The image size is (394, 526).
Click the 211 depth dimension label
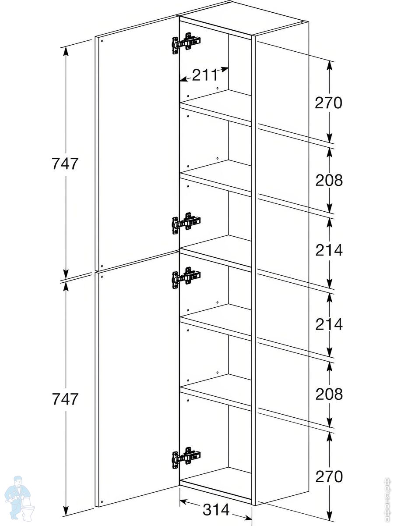click(x=205, y=76)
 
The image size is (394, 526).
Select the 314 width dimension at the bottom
click(x=216, y=510)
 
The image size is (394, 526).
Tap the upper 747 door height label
click(x=65, y=164)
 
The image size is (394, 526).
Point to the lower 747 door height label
click(x=65, y=399)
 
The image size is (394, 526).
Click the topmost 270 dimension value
click(x=328, y=103)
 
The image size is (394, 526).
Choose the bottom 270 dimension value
click(x=328, y=476)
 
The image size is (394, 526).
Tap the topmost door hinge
click(x=186, y=43)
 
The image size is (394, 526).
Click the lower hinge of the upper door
click(x=186, y=223)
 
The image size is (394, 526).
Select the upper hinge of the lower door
click(x=186, y=277)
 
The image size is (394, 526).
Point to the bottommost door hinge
click(x=186, y=457)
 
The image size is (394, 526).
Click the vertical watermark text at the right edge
click(x=386, y=498)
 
